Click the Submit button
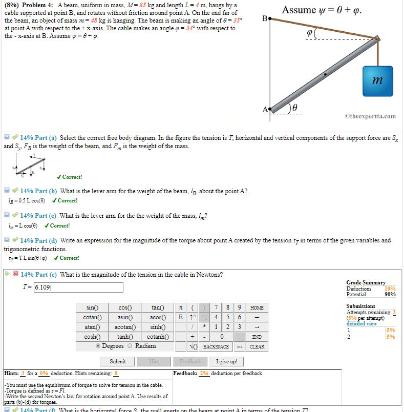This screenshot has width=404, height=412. point(118,361)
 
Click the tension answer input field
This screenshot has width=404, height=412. point(78,287)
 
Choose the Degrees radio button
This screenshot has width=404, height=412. point(98,346)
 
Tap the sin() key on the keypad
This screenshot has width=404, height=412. point(92,307)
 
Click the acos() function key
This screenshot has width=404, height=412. point(157,317)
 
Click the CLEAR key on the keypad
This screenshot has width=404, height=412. point(257,346)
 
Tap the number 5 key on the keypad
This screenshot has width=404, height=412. point(225,317)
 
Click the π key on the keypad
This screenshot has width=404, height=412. point(180,307)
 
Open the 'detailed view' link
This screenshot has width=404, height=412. point(361,323)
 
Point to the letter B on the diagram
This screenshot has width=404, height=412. point(264,19)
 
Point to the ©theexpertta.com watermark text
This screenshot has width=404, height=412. point(371,116)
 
